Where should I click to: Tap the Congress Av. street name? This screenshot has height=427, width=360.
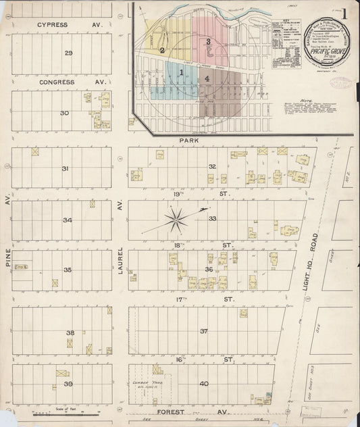pos(61,82)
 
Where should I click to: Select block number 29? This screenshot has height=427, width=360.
pos(68,53)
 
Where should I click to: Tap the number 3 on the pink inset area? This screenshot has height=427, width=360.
pos(209,43)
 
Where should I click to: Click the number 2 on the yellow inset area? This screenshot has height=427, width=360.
pos(162,49)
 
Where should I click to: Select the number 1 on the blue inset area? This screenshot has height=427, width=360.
pos(182,72)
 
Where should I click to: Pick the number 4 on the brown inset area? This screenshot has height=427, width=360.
pos(208,79)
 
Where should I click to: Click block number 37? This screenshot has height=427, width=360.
pos(203,331)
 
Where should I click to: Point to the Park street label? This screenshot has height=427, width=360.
pos(187,141)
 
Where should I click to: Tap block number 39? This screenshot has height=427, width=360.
pos(68,384)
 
